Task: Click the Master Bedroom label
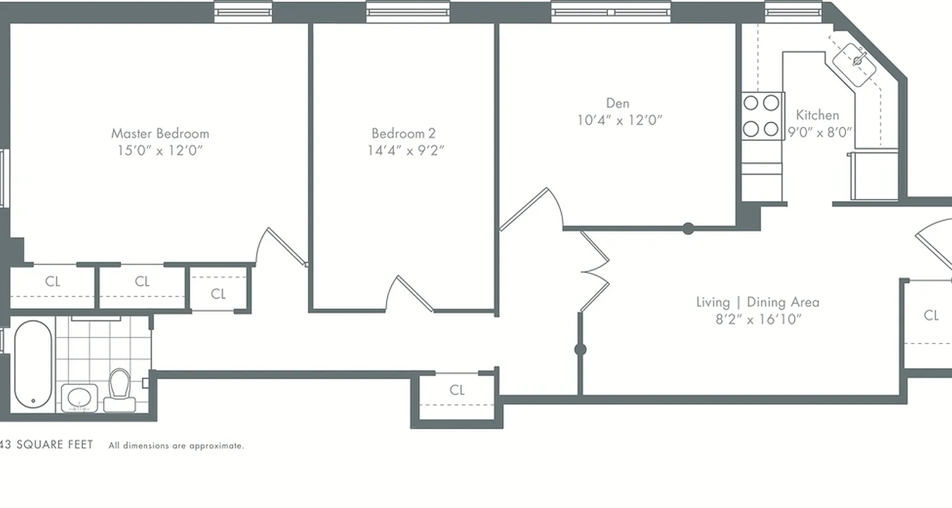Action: [160, 133]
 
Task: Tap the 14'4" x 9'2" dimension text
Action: [406, 150]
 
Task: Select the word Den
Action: [618, 103]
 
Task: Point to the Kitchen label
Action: [817, 115]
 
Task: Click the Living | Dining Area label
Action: [758, 302]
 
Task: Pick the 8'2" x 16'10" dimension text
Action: [758, 319]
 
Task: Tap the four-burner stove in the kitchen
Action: [762, 116]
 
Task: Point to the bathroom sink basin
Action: [79, 398]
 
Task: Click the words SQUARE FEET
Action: [55, 445]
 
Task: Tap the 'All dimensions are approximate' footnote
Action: [176, 446]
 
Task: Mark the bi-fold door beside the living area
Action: [594, 272]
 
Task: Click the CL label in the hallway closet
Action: [457, 390]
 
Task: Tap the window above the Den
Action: [611, 11]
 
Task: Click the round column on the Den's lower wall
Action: [688, 229]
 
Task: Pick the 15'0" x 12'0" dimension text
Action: [160, 150]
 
